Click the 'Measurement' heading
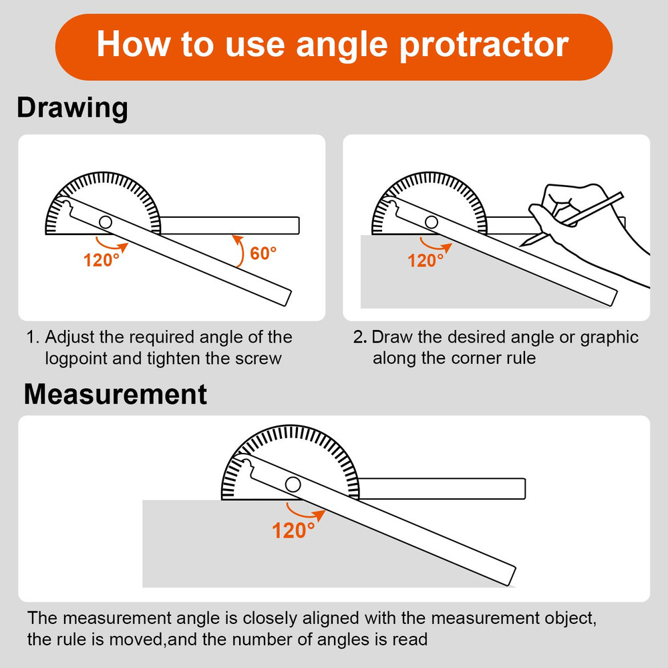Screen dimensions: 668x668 (115, 394)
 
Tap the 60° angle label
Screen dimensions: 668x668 (263, 254)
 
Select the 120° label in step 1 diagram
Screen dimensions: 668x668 (101, 260)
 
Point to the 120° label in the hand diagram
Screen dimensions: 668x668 (426, 260)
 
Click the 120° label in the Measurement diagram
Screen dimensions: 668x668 (293, 531)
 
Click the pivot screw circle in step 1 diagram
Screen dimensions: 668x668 (106, 222)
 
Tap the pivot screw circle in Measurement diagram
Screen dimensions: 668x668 (293, 484)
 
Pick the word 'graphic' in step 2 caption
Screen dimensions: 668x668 (609, 337)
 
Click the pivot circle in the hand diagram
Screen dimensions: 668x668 (432, 222)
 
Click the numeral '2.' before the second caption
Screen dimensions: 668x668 (359, 337)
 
